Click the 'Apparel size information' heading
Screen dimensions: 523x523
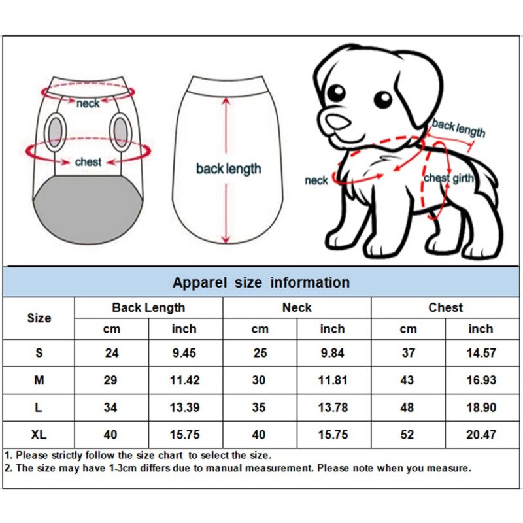pyautogui.click(x=261, y=282)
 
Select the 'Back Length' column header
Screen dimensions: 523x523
pyautogui.click(x=148, y=307)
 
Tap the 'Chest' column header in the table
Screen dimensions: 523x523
pyautogui.click(x=445, y=307)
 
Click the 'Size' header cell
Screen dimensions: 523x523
pyautogui.click(x=39, y=318)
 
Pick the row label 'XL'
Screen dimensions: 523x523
pyautogui.click(x=39, y=435)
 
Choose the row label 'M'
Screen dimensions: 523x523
pyautogui.click(x=39, y=380)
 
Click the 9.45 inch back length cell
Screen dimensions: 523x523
pyautogui.click(x=184, y=353)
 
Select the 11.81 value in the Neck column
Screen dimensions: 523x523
pyautogui.click(x=332, y=380)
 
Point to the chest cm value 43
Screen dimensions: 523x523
pyautogui.click(x=408, y=380)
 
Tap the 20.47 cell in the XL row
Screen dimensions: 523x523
pyautogui.click(x=481, y=435)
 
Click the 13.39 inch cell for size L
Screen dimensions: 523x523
pyautogui.click(x=184, y=407)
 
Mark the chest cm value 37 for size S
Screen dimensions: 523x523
pyautogui.click(x=408, y=353)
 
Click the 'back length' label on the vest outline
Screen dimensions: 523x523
pyautogui.click(x=228, y=169)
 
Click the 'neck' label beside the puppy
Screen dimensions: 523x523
pyautogui.click(x=316, y=180)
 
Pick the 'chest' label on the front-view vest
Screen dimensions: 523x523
pyautogui.click(x=88, y=161)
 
